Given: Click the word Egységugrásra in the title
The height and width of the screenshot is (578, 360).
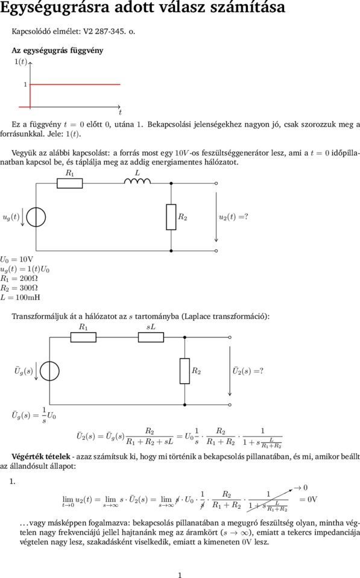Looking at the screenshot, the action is tap(55, 7).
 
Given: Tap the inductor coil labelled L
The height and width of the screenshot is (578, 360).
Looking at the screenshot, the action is tap(137, 181).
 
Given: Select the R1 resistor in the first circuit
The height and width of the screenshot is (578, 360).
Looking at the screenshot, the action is tap(70, 183).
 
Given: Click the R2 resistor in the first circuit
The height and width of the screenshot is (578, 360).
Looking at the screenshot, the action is tap(171, 217).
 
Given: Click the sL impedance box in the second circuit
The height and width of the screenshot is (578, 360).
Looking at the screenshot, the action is tap(151, 338).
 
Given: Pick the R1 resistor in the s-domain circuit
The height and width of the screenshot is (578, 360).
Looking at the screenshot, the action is tap(83, 338).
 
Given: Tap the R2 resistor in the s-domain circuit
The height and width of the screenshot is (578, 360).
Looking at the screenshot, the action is tap(185, 371).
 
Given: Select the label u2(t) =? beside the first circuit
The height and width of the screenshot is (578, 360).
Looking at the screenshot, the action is tap(233, 217).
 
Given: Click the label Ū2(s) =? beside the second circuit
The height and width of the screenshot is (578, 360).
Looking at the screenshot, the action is tap(247, 371).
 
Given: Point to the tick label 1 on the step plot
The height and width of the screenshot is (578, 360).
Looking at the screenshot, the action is tap(25, 84).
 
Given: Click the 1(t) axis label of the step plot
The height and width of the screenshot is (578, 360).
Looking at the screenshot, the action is tap(21, 61).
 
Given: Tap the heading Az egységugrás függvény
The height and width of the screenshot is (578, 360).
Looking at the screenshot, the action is tap(57, 51).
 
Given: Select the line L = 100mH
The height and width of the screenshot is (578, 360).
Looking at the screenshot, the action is tap(21, 298).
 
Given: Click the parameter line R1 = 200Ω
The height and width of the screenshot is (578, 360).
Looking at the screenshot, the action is tap(19, 278).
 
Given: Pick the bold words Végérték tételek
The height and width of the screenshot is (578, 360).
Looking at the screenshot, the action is tap(41, 457).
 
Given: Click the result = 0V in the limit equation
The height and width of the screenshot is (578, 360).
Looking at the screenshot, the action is tap(308, 500).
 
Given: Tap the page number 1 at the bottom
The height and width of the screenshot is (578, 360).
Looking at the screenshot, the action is tap(180, 575).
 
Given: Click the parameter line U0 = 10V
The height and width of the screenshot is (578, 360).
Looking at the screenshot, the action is tap(17, 260).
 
